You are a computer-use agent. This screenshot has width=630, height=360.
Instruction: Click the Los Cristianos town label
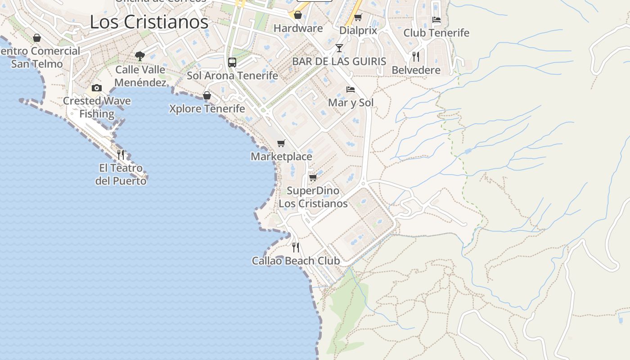point(149,22)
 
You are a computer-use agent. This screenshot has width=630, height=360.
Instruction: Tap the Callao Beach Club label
point(296,261)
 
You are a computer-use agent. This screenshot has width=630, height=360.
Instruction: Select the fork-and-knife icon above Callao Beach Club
point(296,247)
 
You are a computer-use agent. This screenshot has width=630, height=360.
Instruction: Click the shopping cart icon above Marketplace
point(281,143)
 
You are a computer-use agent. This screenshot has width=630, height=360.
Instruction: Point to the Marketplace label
point(281,157)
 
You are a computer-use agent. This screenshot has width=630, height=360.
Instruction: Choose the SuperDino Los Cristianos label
point(313,197)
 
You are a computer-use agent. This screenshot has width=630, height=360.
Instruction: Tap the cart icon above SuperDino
point(313,177)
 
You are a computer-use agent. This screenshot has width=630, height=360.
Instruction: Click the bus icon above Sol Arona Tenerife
point(232,63)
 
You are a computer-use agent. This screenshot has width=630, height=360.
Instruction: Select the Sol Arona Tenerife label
point(232,76)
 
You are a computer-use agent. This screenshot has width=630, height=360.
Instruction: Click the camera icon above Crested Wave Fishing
point(97,88)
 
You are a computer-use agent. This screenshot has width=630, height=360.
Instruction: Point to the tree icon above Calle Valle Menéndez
point(140,56)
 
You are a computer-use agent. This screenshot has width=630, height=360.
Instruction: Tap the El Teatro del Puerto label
point(121,174)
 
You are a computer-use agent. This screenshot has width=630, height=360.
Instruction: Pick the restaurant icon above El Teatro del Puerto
point(121,155)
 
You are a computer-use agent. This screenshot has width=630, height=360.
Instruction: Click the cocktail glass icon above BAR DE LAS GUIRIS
point(339,48)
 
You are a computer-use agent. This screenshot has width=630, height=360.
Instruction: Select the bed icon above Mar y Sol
point(351,90)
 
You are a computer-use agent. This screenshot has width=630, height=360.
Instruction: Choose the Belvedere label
point(416,70)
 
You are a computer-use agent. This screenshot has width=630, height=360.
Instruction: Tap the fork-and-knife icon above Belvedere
point(416,57)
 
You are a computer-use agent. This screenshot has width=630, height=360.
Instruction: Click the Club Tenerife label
point(436,33)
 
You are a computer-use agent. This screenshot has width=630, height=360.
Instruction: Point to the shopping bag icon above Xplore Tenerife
point(207,95)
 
